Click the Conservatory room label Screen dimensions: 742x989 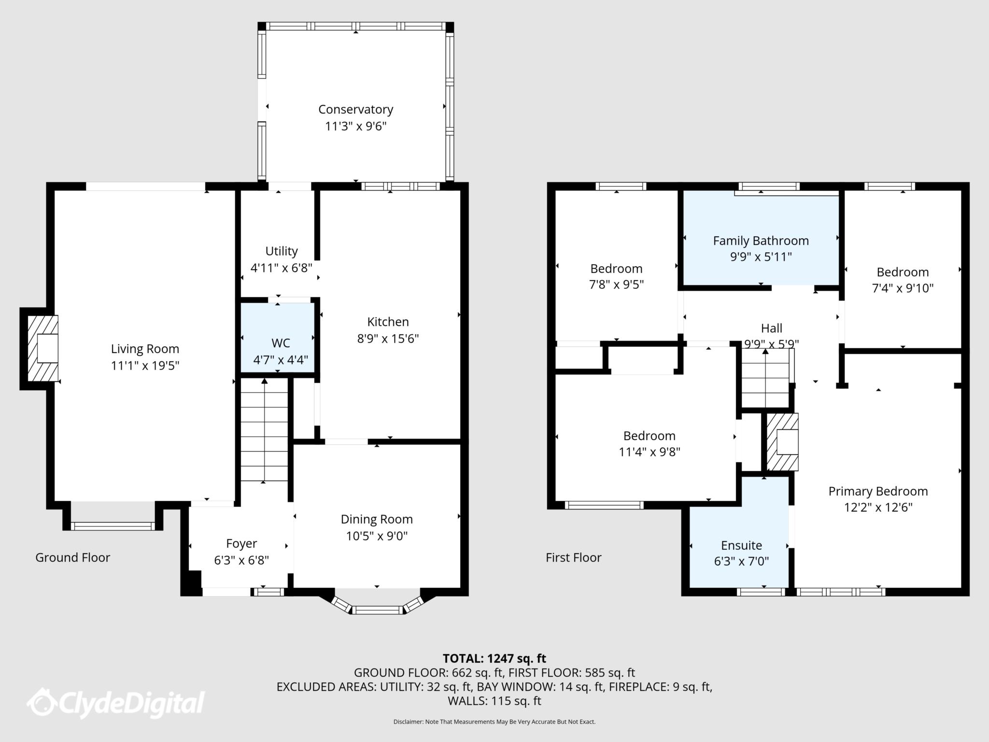[x=355, y=110]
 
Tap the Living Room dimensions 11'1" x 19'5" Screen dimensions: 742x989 [x=145, y=366]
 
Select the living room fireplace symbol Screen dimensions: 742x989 [x=43, y=348]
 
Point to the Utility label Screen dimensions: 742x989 [x=282, y=251]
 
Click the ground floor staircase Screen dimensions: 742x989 [x=264, y=430]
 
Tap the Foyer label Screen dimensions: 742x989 [x=241, y=543]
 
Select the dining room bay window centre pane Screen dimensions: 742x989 [x=377, y=610]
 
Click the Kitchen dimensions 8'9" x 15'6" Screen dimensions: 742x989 [x=388, y=339]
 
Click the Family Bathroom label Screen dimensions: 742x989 [x=761, y=241]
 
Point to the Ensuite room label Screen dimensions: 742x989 [x=741, y=545]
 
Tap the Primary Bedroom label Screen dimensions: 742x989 [x=878, y=491]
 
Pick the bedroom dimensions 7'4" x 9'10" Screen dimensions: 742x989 [x=902, y=288]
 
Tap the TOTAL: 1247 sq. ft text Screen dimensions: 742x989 [x=494, y=658]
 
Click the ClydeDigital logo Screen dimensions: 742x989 [x=116, y=702]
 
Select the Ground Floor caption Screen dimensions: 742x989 [x=72, y=557]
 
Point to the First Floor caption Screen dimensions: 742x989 [x=573, y=557]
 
